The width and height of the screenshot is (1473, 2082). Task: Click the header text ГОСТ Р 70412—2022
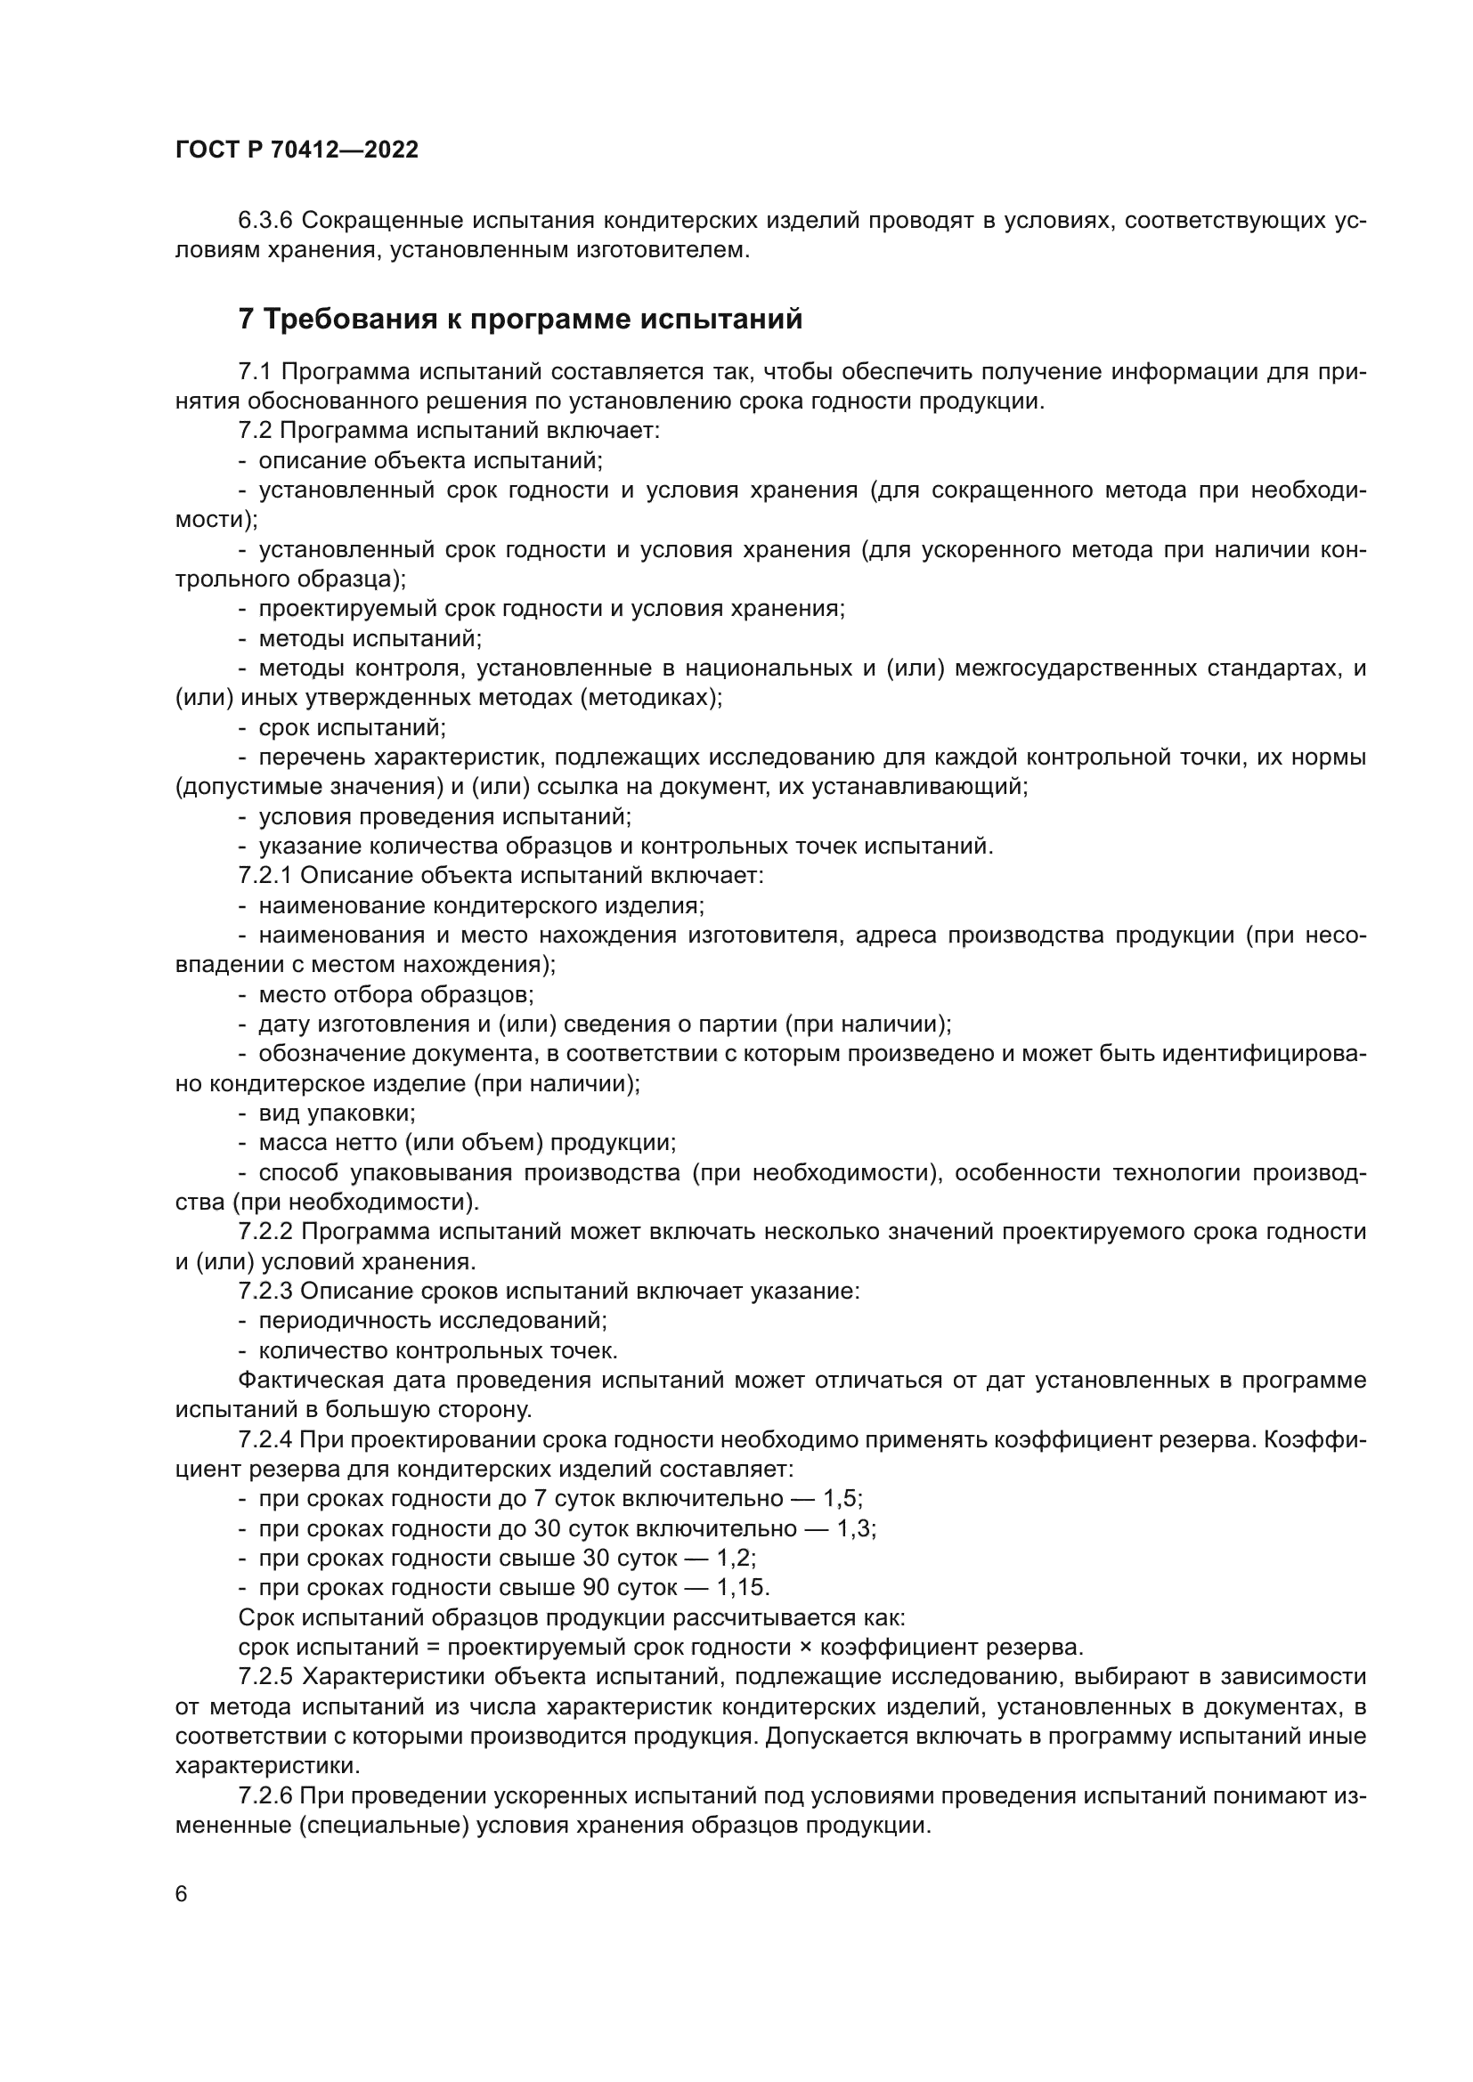coord(297,150)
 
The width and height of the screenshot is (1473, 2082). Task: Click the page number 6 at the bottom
coord(182,1894)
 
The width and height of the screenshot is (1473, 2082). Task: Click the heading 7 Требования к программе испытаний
coord(521,320)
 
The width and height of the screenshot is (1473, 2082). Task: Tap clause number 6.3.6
coord(264,221)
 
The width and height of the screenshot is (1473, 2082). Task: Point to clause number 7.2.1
coord(264,876)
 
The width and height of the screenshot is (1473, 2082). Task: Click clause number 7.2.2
coord(264,1231)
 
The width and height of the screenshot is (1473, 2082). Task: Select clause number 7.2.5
coord(264,1677)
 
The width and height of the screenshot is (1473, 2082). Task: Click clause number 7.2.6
coord(264,1795)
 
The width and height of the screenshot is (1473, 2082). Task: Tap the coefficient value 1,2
coord(736,1558)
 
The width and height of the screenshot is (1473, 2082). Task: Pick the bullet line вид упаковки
coord(337,1114)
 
